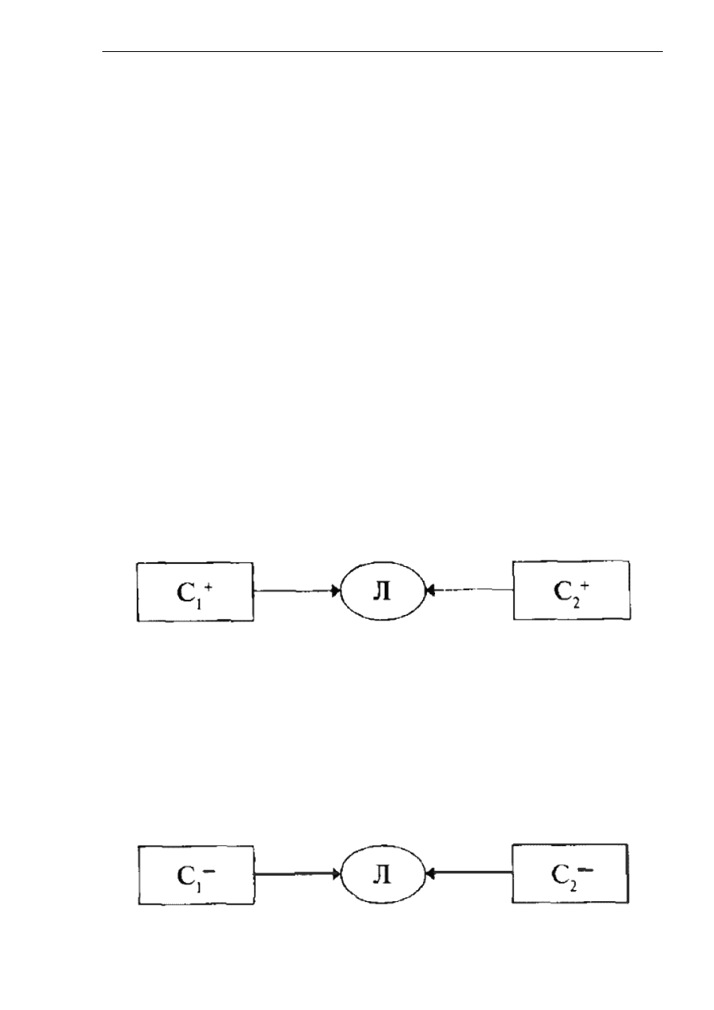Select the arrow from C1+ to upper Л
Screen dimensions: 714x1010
(x=297, y=591)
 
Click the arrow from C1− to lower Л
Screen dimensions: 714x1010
(x=297, y=874)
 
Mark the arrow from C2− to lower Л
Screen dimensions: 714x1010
(x=469, y=874)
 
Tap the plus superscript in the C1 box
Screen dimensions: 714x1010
(x=208, y=587)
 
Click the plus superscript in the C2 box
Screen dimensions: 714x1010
(x=584, y=586)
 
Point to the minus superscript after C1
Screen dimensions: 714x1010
(x=209, y=872)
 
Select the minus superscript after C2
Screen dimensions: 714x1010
(x=585, y=872)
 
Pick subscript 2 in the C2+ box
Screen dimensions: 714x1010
(x=576, y=603)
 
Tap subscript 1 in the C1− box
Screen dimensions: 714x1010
(x=198, y=887)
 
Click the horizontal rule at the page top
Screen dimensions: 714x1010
(x=382, y=52)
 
